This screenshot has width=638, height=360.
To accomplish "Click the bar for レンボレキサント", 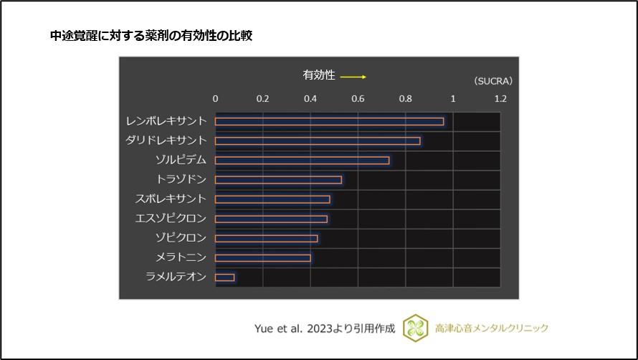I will (x=329, y=121).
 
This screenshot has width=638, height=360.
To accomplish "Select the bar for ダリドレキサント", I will (x=318, y=141).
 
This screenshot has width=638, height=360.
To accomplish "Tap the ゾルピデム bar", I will (x=302, y=160).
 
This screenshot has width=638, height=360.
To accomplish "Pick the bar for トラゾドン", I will (x=278, y=179).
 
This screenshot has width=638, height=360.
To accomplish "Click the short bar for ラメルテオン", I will (x=224, y=277).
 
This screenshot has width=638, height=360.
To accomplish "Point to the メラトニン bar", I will (x=262, y=257).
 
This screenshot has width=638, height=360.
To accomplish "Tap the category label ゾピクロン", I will (x=181, y=238).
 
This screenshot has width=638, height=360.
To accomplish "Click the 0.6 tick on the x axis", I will (x=358, y=99).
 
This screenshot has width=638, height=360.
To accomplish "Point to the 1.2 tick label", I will (x=500, y=99).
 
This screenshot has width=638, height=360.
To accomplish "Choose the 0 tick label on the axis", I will (x=216, y=99).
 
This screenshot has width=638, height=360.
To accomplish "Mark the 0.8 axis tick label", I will (x=405, y=99).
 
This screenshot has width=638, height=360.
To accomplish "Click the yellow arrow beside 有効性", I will (x=353, y=76).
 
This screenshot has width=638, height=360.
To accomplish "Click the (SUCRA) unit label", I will (x=493, y=81).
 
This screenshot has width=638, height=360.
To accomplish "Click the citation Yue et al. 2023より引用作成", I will (x=325, y=328).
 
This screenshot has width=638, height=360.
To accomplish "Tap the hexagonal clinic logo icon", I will (x=414, y=328).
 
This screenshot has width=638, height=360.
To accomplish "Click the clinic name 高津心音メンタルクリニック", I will (x=492, y=328).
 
